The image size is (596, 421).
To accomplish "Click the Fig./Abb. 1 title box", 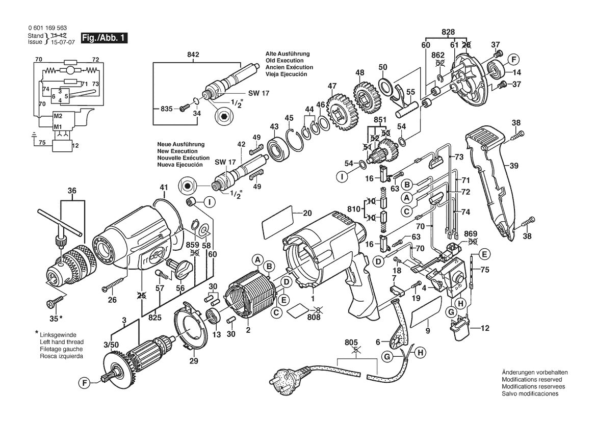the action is click(x=104, y=38).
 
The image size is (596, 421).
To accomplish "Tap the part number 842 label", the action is click(x=193, y=55).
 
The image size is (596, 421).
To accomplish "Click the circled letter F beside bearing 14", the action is click(x=513, y=60).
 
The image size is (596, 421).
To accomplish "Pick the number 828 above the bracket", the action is click(x=448, y=32).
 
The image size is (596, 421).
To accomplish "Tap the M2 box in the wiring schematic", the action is click(x=58, y=116).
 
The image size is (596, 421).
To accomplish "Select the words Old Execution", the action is click(x=284, y=61).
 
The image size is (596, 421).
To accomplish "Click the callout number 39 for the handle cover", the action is click(x=514, y=166).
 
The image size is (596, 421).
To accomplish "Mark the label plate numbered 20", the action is click(x=277, y=223).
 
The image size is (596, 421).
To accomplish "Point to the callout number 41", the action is click(x=164, y=188).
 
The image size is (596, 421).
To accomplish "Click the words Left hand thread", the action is click(x=62, y=342).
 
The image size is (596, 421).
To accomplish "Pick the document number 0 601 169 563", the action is click(x=47, y=28).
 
